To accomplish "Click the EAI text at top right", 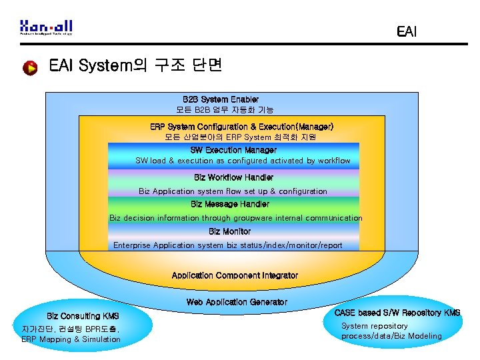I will click(406, 31).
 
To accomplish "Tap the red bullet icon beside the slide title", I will click(30, 68).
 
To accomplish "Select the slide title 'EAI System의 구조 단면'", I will click(135, 66).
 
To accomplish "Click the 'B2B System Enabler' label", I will click(221, 99).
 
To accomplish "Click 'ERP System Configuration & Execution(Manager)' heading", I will click(241, 127).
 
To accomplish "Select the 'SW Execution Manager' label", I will click(233, 151).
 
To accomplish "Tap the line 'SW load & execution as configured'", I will click(243, 161).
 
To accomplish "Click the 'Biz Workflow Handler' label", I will click(233, 178).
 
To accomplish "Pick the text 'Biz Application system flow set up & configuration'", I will click(233, 191).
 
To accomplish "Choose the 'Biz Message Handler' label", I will click(230, 205).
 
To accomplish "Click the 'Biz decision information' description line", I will click(236, 218).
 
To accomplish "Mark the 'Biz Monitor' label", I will click(229, 232).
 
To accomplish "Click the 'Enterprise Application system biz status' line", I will click(228, 245).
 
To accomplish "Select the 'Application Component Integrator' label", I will click(235, 275).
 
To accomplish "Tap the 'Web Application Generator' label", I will click(237, 302).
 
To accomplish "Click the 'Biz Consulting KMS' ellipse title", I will click(83, 315).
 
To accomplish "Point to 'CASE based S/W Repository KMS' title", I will click(397, 313).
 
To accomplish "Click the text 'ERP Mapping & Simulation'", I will click(71, 339).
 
